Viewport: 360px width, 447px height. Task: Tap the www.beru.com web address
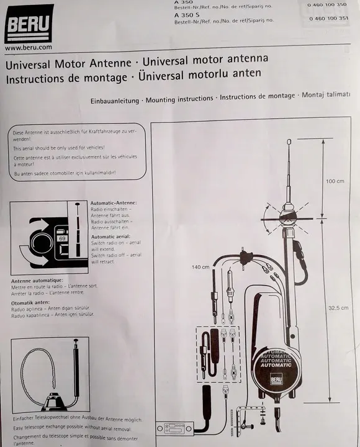[x=28, y=47]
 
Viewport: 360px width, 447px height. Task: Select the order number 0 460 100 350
[x=326, y=5]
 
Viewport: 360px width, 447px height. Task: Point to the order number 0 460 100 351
[x=326, y=19]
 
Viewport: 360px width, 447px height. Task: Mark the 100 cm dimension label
[x=335, y=181]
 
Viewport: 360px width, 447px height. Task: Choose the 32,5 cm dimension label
[x=338, y=307]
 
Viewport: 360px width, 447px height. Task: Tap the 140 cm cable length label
[x=200, y=267]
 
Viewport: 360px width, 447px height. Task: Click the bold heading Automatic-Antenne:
[x=114, y=203]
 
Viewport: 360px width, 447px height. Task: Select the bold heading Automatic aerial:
[x=112, y=237]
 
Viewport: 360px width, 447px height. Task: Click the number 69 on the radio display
[x=61, y=238]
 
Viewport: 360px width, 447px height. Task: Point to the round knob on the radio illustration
[x=42, y=243]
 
